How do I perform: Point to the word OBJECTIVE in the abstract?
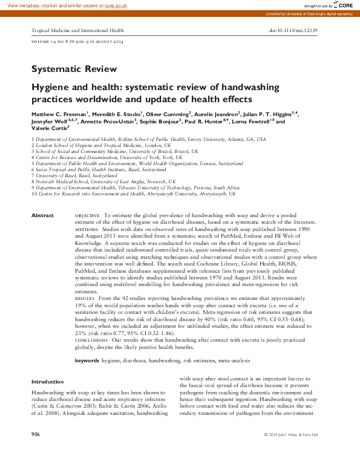88,216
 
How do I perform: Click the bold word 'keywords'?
87,360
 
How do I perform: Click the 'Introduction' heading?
47,382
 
